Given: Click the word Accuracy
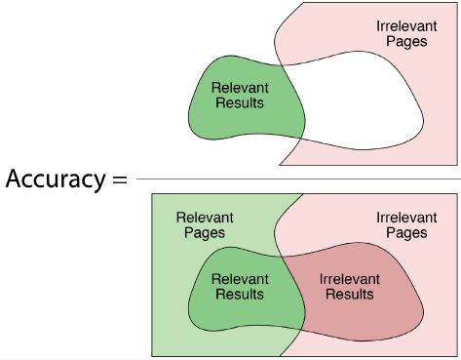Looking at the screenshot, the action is [x=56, y=180].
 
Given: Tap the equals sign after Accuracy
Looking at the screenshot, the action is [x=119, y=180].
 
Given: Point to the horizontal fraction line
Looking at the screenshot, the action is [x=298, y=179].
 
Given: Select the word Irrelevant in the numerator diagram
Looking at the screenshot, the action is [x=406, y=26].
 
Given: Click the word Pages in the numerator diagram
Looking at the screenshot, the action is [x=406, y=42].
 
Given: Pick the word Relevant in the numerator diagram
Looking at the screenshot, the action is [x=240, y=88].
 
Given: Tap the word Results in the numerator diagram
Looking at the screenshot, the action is [x=240, y=102].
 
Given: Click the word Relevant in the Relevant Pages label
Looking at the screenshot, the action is [x=205, y=218].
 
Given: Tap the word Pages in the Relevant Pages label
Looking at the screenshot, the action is [x=205, y=233].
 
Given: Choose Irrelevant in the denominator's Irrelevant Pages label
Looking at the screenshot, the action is [x=406, y=218].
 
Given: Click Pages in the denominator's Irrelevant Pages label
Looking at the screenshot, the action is [x=406, y=233].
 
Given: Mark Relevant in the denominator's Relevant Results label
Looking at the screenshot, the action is [x=240, y=279].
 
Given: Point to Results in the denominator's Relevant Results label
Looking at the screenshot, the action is [x=240, y=294].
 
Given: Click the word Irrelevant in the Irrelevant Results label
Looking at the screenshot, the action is [x=350, y=279].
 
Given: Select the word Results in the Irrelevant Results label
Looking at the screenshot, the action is [x=350, y=294].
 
